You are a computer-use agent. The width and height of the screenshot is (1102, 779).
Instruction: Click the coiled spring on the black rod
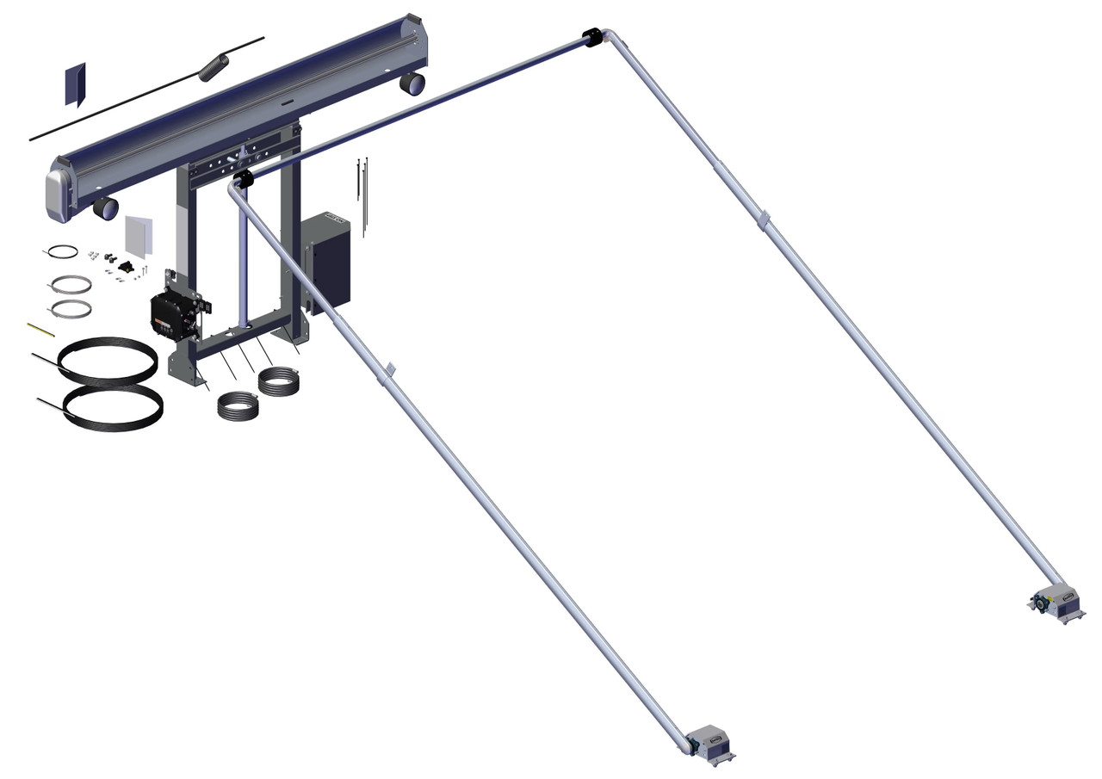coord(214,67)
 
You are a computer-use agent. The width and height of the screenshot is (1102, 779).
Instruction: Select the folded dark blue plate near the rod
coord(75,84)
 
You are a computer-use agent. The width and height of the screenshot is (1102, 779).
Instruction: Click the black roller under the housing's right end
coord(412,83)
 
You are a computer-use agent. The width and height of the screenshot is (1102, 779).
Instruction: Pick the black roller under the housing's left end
coord(105,207)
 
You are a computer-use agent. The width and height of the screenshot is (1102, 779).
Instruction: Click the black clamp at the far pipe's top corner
coord(592,38)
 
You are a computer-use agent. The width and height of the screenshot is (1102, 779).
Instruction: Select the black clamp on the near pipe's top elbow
coord(242,180)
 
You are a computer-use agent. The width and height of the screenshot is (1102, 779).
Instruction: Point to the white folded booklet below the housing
coord(139,235)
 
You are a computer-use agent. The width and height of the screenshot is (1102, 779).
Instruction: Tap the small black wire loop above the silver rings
coord(62,251)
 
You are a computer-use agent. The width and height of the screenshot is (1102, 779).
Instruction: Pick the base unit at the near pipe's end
coord(710,744)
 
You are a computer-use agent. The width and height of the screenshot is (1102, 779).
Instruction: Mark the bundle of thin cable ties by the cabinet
coord(362,194)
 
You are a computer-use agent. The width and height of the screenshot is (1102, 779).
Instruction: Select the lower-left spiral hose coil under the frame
coord(237,405)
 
